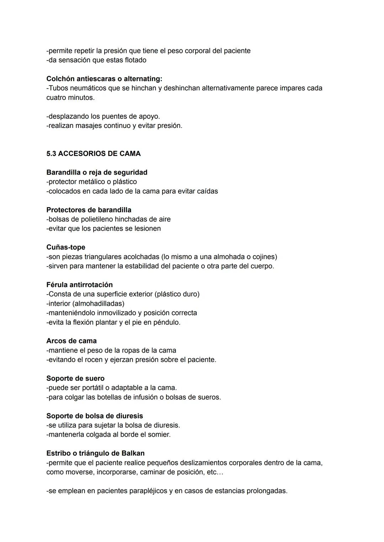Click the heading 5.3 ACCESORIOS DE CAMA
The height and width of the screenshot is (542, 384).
tap(94, 154)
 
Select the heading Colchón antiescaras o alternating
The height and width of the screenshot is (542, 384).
tap(104, 79)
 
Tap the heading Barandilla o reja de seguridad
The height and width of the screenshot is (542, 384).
tap(97, 172)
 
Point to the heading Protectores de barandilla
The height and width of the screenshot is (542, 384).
tap(89, 210)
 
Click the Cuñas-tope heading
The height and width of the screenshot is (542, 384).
tap(66, 247)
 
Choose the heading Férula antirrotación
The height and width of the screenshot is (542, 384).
tap(79, 285)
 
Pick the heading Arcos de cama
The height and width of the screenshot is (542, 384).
tap(71, 341)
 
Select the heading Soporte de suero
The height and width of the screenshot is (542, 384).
tap(75, 378)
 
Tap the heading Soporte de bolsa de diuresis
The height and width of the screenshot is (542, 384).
tap(95, 416)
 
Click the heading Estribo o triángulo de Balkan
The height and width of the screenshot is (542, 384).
tap(95, 453)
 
